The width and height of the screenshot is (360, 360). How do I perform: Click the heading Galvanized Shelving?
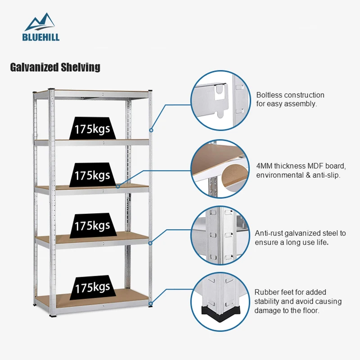point(55,67)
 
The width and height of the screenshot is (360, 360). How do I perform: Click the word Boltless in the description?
point(269,95)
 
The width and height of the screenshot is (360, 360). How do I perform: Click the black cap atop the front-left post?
point(51,90)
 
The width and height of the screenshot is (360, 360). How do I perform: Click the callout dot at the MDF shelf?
point(118,186)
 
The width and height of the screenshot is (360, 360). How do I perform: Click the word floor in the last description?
point(311,310)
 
